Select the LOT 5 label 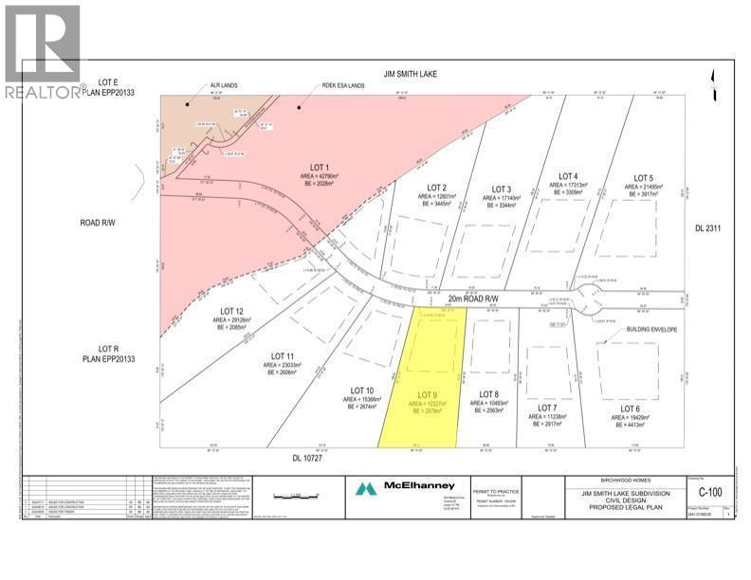[x=644, y=178]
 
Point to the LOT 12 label [x=233, y=311]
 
